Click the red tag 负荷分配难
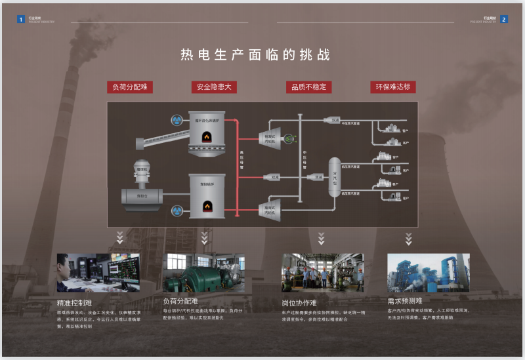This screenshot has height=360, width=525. coord(130,87)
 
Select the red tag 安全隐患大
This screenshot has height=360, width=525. coord(214,87)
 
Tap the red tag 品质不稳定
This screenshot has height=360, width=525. coord(309,87)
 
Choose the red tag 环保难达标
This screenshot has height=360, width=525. coord(393,87)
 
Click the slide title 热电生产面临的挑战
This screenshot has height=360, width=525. coord(255,55)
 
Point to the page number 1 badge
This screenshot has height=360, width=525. coord(21,20)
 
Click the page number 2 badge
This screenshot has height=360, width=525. coord(503,20)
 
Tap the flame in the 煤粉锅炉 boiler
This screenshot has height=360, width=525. coord(207,205)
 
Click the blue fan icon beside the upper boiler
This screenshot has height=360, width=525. coord(176,120)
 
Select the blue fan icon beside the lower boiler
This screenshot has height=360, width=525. coord(176,211)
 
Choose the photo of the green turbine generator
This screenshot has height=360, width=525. coord(203,273)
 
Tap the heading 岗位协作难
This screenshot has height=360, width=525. coord(299,303)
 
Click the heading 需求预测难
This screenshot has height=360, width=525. coord(405,301)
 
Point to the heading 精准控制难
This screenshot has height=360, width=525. coord(75,304)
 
